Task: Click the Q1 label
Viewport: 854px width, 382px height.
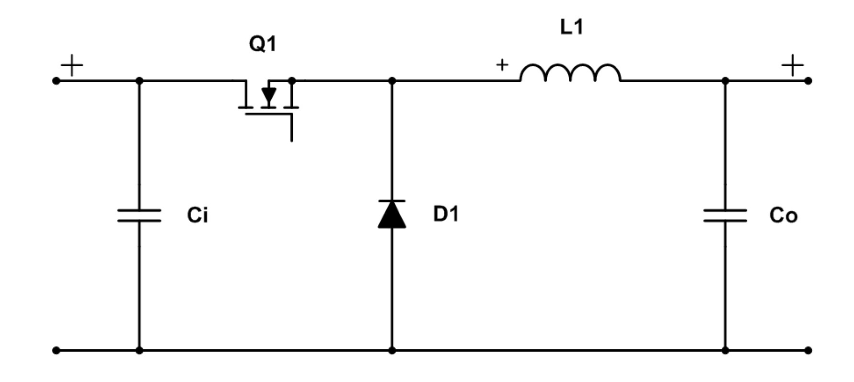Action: (263, 44)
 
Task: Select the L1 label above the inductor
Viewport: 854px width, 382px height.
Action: (572, 27)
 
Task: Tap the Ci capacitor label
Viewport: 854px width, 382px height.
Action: (197, 216)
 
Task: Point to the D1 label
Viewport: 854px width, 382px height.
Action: (446, 214)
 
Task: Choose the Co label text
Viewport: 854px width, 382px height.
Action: (783, 216)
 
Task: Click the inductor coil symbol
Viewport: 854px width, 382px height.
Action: (570, 73)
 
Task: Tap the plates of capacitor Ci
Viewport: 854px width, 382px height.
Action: (139, 215)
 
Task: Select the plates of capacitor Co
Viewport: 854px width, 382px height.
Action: (725, 215)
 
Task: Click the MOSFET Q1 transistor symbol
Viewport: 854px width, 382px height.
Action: (269, 108)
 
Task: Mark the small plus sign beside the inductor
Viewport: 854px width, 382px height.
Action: (502, 65)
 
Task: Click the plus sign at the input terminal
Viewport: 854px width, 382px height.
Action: (71, 65)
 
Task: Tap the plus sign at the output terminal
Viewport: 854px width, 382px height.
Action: (792, 65)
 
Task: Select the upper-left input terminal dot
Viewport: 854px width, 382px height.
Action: (57, 81)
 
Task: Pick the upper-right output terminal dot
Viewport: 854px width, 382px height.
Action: (808, 81)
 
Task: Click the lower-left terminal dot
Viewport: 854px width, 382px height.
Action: (57, 350)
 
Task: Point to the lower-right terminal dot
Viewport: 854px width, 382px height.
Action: (808, 350)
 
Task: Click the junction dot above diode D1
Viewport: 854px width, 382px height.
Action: (392, 81)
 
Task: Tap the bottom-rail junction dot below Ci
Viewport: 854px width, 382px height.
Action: (139, 350)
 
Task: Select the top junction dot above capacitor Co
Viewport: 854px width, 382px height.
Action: (725, 81)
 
